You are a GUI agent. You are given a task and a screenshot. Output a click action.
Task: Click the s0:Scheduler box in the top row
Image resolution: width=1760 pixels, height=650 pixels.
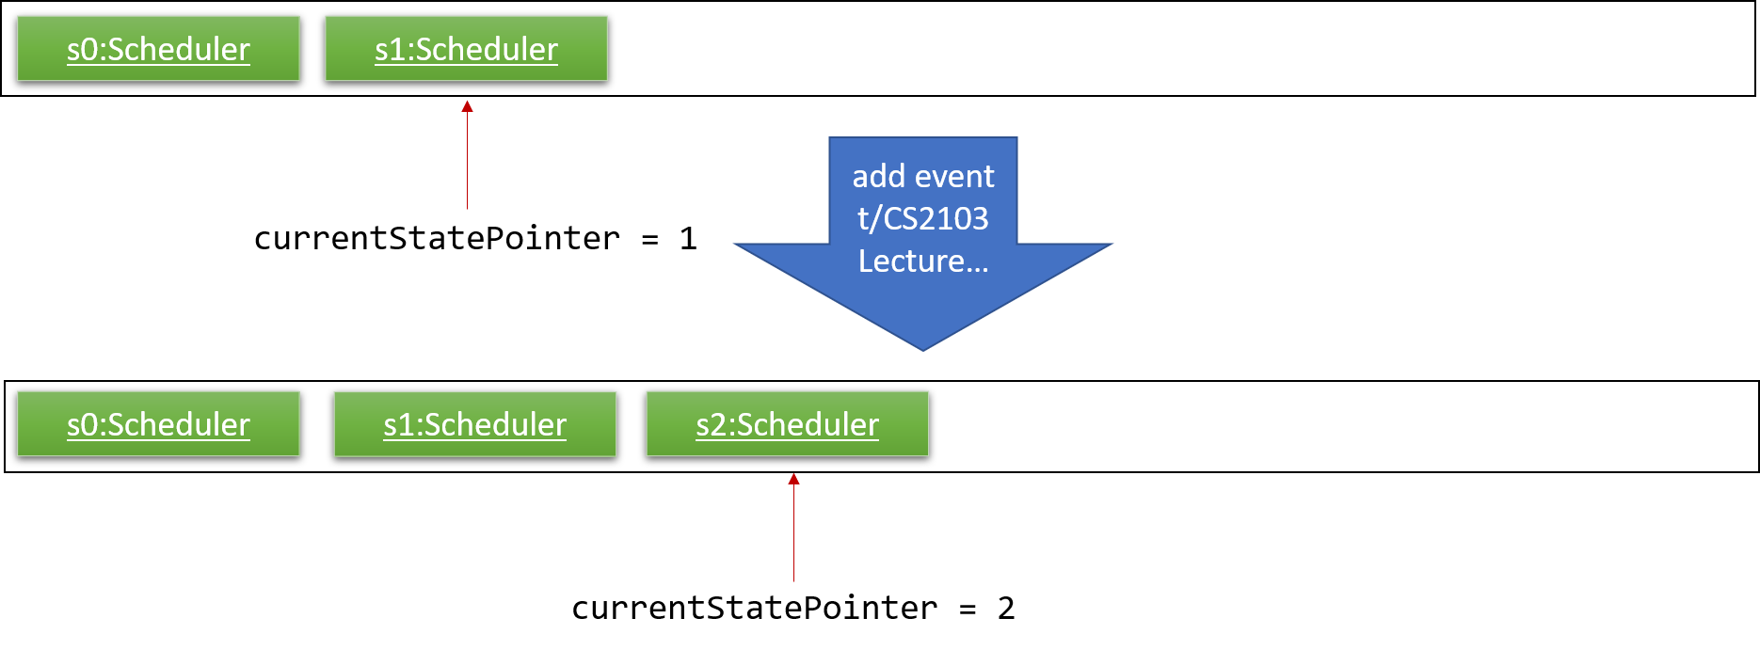click(x=158, y=49)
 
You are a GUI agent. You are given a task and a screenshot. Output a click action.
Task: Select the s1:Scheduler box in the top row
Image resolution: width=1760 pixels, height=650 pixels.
click(x=466, y=49)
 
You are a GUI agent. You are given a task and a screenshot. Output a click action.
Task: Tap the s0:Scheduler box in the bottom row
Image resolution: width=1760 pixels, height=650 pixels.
click(x=158, y=424)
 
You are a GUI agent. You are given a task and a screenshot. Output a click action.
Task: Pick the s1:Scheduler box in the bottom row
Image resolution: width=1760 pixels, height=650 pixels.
click(x=474, y=424)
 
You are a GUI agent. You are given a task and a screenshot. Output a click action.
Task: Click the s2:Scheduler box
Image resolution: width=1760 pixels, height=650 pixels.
click(x=787, y=424)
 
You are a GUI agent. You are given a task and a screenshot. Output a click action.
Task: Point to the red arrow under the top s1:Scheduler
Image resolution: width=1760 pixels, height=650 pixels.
click(x=467, y=155)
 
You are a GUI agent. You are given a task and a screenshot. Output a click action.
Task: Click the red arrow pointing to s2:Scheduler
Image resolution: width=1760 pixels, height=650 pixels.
click(x=793, y=528)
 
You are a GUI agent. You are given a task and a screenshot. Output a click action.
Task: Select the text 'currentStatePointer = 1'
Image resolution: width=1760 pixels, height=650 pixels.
click(x=475, y=239)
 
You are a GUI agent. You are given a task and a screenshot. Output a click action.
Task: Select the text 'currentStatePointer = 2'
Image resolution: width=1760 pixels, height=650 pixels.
click(x=792, y=609)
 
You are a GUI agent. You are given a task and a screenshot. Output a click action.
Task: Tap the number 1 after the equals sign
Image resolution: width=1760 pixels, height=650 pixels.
click(x=688, y=239)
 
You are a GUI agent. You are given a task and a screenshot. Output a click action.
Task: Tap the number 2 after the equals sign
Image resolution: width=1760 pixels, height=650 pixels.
click(x=1006, y=609)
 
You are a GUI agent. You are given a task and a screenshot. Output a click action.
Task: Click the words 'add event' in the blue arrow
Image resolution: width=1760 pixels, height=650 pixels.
click(x=923, y=176)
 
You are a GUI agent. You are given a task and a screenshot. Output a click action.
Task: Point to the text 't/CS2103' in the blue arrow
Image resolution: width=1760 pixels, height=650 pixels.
click(x=923, y=218)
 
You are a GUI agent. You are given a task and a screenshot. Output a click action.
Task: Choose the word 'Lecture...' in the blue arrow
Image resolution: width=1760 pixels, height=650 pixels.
click(x=923, y=261)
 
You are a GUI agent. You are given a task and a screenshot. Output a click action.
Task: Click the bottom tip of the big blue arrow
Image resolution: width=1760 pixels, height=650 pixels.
click(x=923, y=351)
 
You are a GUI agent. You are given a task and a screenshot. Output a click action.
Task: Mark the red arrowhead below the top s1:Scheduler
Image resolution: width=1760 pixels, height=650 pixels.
click(x=467, y=106)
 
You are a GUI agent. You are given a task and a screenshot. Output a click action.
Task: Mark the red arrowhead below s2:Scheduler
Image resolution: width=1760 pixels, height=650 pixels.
click(x=793, y=479)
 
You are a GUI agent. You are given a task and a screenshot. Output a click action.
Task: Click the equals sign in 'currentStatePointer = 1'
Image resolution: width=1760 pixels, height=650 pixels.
click(x=649, y=240)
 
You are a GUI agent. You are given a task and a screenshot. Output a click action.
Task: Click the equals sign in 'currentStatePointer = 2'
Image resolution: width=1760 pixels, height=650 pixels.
click(x=968, y=610)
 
